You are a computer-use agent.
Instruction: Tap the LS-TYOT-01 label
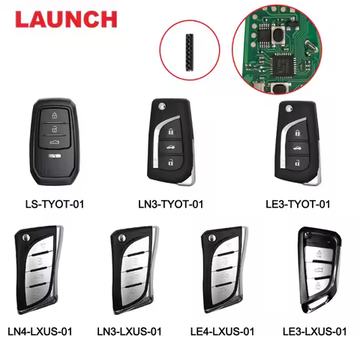[57, 203]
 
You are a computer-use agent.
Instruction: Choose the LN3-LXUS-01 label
[132, 331]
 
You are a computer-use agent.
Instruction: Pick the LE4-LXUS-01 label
[223, 331]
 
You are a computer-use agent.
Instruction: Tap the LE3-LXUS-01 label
[314, 331]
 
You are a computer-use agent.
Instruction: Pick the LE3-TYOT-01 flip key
[297, 142]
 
